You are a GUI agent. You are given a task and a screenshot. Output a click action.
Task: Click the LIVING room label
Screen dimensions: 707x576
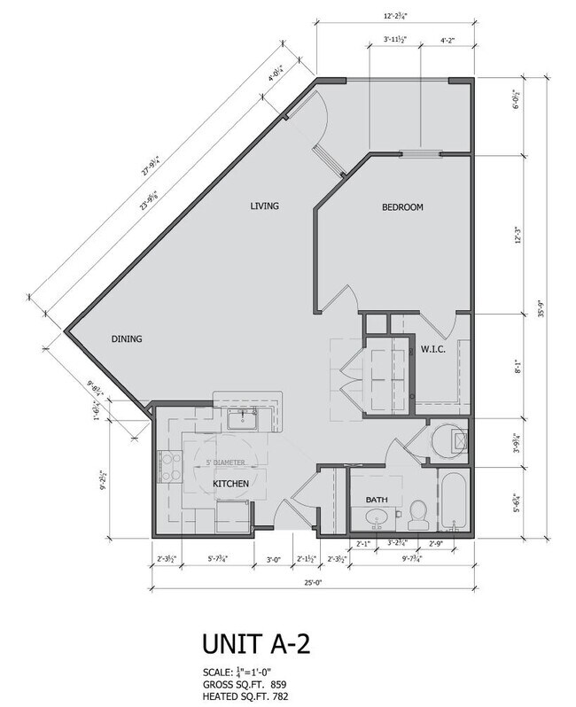click(264, 206)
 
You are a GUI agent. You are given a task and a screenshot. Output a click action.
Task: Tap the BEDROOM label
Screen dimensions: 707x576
click(402, 207)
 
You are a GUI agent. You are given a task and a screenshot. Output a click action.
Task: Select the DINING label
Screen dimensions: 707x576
click(127, 338)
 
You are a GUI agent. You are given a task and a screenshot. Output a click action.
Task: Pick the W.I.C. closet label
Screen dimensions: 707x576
click(432, 349)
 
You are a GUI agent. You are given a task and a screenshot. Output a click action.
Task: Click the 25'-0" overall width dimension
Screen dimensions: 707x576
click(310, 582)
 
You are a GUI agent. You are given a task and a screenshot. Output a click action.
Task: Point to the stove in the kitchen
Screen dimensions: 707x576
click(168, 465)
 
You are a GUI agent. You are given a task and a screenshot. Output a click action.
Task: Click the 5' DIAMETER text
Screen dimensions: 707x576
click(226, 463)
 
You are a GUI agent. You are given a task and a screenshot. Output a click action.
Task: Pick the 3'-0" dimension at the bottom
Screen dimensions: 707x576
click(272, 559)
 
